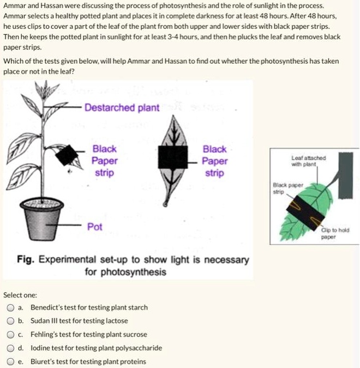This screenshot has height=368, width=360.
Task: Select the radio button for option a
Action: (11, 307)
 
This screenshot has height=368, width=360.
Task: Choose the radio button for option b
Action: (11, 321)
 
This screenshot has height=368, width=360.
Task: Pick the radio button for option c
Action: (11, 334)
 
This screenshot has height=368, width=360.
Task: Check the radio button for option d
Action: (11, 348)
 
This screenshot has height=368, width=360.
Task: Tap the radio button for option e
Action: (11, 361)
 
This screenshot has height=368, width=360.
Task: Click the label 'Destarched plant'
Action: (122, 107)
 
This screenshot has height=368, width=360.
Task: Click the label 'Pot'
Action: (95, 227)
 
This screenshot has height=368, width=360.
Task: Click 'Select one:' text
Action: (20, 295)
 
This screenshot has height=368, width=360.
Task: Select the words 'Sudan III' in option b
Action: (45, 321)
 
